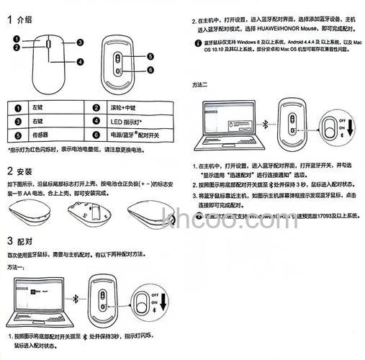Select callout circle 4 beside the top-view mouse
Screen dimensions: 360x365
pos(81,62)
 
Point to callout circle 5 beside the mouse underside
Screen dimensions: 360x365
pos(150,56)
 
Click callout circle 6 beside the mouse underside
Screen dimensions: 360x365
pos(150,70)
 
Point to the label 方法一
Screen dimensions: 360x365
pos(17,267)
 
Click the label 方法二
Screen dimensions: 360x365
pos(199,85)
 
